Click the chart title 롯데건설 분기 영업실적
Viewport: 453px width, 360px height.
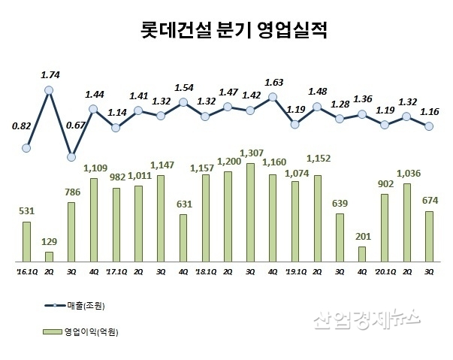pyautogui.click(x=225, y=32)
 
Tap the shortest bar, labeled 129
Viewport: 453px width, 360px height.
pyautogui.click(x=50, y=256)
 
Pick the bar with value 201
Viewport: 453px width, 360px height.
pyautogui.click(x=362, y=254)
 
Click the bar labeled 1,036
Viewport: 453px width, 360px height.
pyautogui.click(x=407, y=222)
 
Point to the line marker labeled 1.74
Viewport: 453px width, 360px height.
pyautogui.click(x=50, y=90)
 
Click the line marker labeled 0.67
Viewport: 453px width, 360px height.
pyautogui.click(x=71, y=157)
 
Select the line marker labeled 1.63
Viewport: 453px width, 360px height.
pyautogui.click(x=273, y=97)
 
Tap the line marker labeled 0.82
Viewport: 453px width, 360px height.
pyautogui.click(x=27, y=148)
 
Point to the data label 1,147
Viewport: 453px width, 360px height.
pyautogui.click(x=162, y=164)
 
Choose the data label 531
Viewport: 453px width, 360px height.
pyautogui.click(x=27, y=210)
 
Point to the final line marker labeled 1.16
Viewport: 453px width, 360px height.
pyautogui.click(x=429, y=126)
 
